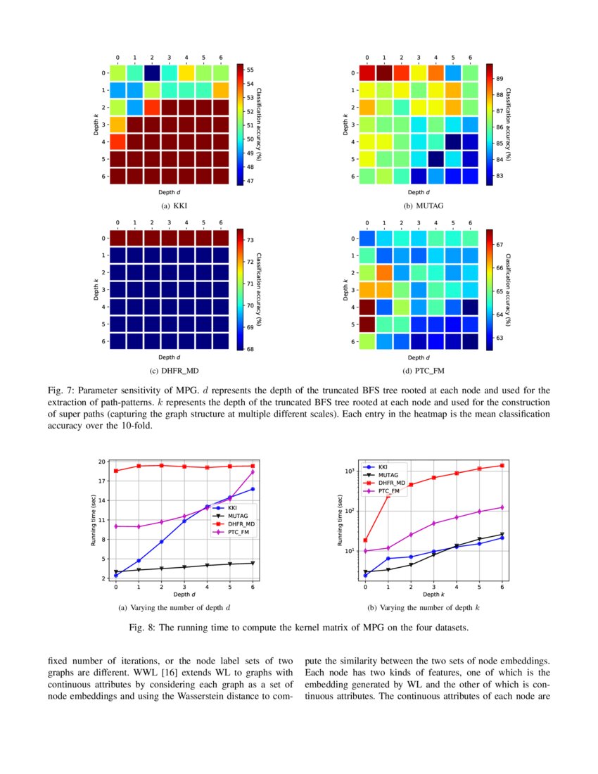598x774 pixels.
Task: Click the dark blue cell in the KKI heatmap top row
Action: [x=152, y=73]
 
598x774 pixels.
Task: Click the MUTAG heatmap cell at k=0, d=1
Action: [x=384, y=73]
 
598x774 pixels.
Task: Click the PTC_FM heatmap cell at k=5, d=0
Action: [x=367, y=324]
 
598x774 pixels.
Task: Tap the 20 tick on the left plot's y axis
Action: [x=102, y=462]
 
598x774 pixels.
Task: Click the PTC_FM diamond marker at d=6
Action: [x=253, y=472]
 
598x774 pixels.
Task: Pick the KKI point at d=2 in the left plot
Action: [x=161, y=542]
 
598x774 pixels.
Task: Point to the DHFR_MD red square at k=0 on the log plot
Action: [x=366, y=540]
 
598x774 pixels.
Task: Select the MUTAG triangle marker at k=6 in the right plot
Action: [x=502, y=534]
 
